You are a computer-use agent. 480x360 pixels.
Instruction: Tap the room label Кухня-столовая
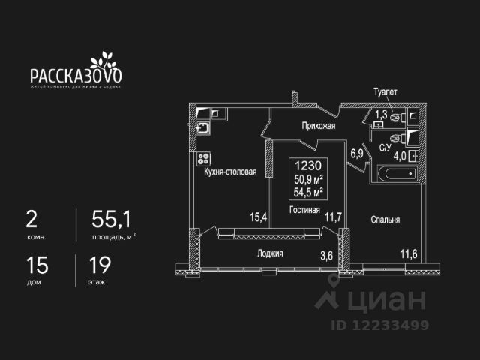pos(230,172)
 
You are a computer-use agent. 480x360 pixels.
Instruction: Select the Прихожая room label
pos(318,127)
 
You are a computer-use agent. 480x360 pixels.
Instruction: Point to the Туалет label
pos(385,91)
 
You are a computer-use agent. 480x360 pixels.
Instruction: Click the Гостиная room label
pos(304,210)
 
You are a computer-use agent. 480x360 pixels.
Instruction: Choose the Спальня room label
pos(385,220)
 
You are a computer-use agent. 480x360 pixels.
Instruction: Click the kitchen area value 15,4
pos(259,217)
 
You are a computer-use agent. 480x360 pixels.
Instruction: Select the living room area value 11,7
pos(333,217)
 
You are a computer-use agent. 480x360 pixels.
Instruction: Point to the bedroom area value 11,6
pos(409,253)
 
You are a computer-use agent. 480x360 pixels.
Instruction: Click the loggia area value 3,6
pos(326,255)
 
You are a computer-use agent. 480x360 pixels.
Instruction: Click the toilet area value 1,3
pos(381,115)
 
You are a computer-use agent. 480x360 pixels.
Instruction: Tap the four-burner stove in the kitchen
pos(202,159)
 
